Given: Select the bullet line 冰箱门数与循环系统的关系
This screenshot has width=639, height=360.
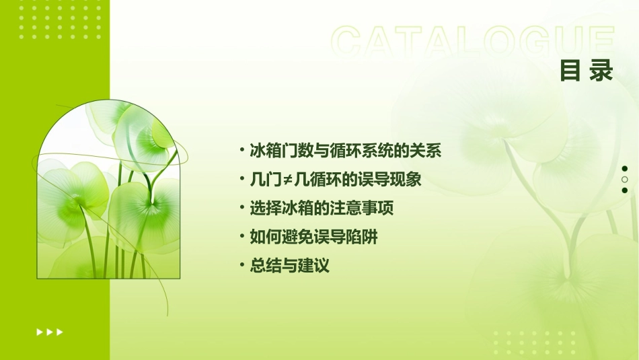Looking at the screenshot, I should point(345,151).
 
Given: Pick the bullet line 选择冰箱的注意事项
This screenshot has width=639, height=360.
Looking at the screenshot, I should point(322,209).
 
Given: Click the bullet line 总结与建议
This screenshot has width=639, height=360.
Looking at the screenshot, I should point(289,266).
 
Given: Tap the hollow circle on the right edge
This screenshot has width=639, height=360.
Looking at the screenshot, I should point(625,180).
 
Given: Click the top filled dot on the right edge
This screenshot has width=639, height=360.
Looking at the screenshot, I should point(625,169).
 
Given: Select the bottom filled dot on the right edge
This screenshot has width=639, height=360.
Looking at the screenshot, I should point(625,190).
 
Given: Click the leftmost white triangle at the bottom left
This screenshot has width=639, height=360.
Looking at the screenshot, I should point(40,332).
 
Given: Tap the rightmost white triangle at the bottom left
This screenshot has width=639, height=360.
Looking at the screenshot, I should point(60,332).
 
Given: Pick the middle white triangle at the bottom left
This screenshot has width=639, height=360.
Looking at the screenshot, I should point(50,332).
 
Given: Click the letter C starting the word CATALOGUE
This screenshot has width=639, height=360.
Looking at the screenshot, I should point(347,42).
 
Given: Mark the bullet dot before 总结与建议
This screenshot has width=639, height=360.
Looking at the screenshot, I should point(242,266).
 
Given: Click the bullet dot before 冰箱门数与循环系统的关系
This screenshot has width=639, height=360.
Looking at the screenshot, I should point(242,150).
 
